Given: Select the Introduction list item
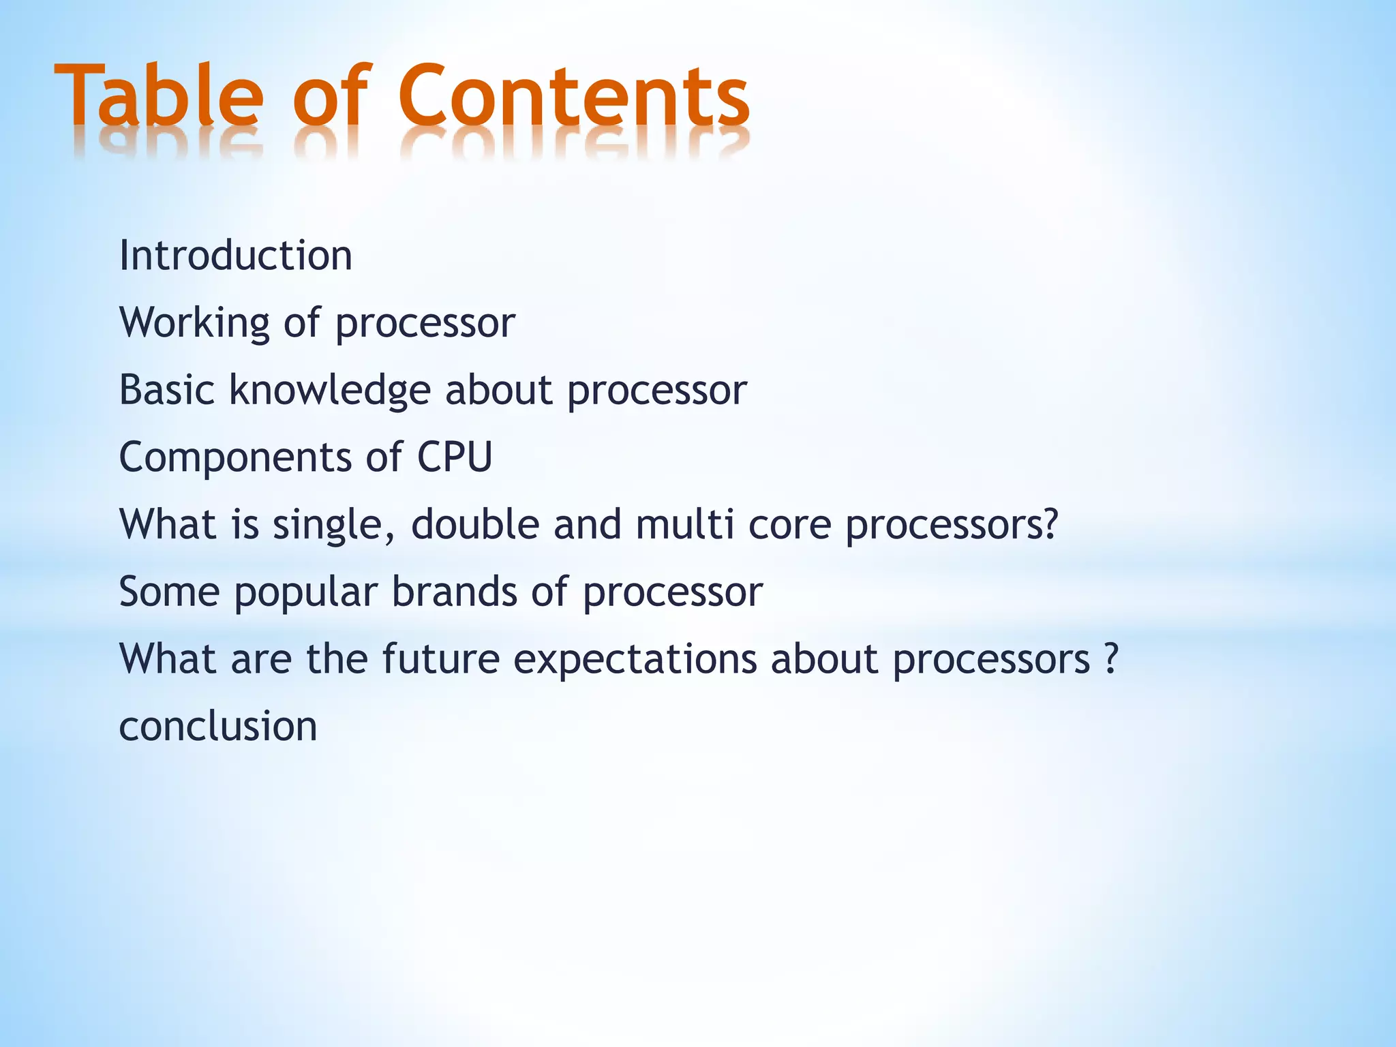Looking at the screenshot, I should click(235, 256).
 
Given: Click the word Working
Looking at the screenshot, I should click(194, 323).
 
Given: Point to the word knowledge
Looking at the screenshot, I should click(330, 390).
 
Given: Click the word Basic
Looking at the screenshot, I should click(167, 390).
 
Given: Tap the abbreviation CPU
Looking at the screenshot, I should click(454, 457).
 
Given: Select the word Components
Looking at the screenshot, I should click(235, 457).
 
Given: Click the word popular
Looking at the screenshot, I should click(305, 592).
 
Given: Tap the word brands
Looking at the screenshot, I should click(454, 591).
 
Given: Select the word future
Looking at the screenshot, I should click(440, 659).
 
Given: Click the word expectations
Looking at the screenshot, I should click(635, 660).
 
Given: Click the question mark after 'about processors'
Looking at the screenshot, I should click(1111, 658).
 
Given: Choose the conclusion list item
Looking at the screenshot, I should click(218, 726).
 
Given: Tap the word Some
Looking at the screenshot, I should click(169, 591).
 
